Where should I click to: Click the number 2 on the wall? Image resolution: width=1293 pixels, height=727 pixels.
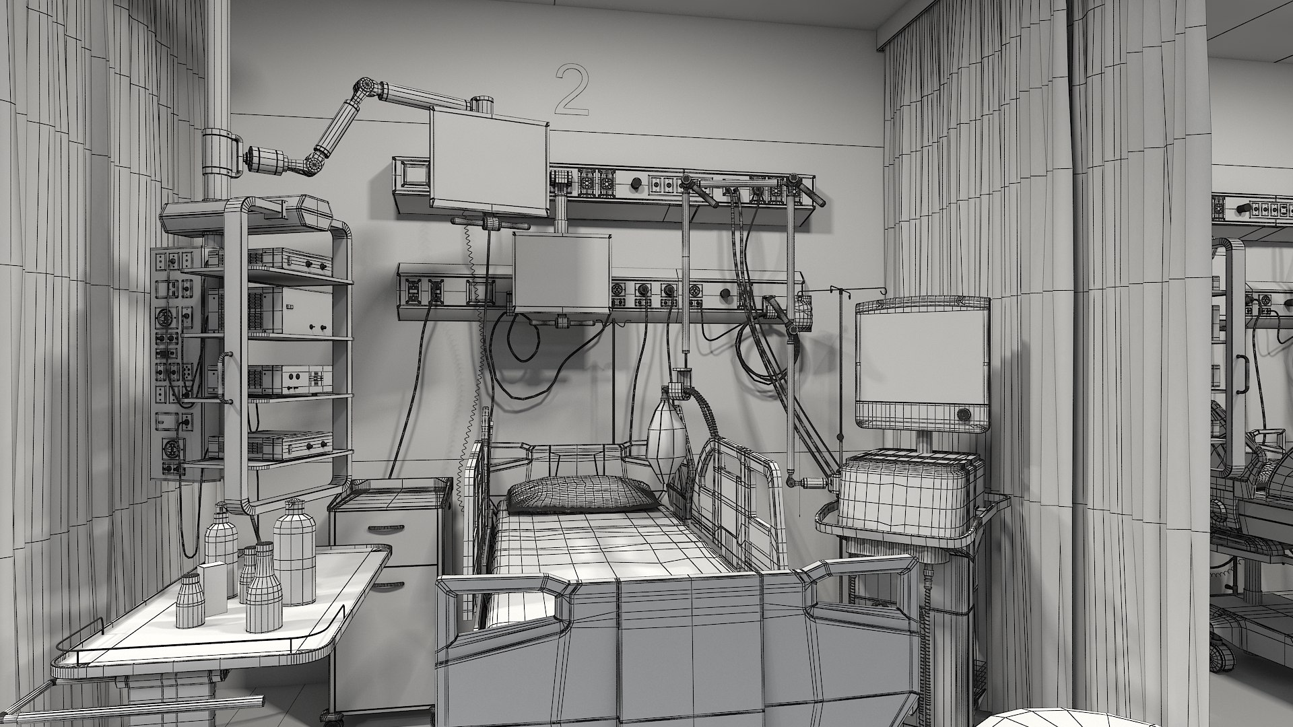(571, 88)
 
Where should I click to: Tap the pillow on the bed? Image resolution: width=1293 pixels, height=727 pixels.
(578, 495)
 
